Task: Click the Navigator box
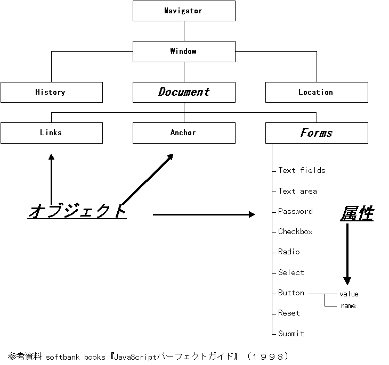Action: (184, 11)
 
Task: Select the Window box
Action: (184, 51)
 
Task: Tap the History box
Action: (51, 92)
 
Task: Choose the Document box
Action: (184, 92)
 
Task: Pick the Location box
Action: (316, 92)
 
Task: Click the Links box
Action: (51, 132)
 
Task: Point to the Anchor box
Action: (184, 132)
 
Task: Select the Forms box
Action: (316, 132)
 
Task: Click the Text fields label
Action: (302, 170)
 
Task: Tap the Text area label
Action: (297, 191)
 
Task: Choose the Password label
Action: (295, 211)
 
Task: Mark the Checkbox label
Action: (295, 231)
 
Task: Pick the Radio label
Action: (289, 252)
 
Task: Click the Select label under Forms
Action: (291, 272)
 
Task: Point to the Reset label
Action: (289, 313)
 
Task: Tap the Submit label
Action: (291, 334)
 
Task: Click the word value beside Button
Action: (349, 294)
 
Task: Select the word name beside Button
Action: (348, 306)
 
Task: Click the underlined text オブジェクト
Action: (78, 211)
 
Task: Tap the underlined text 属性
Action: (357, 214)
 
